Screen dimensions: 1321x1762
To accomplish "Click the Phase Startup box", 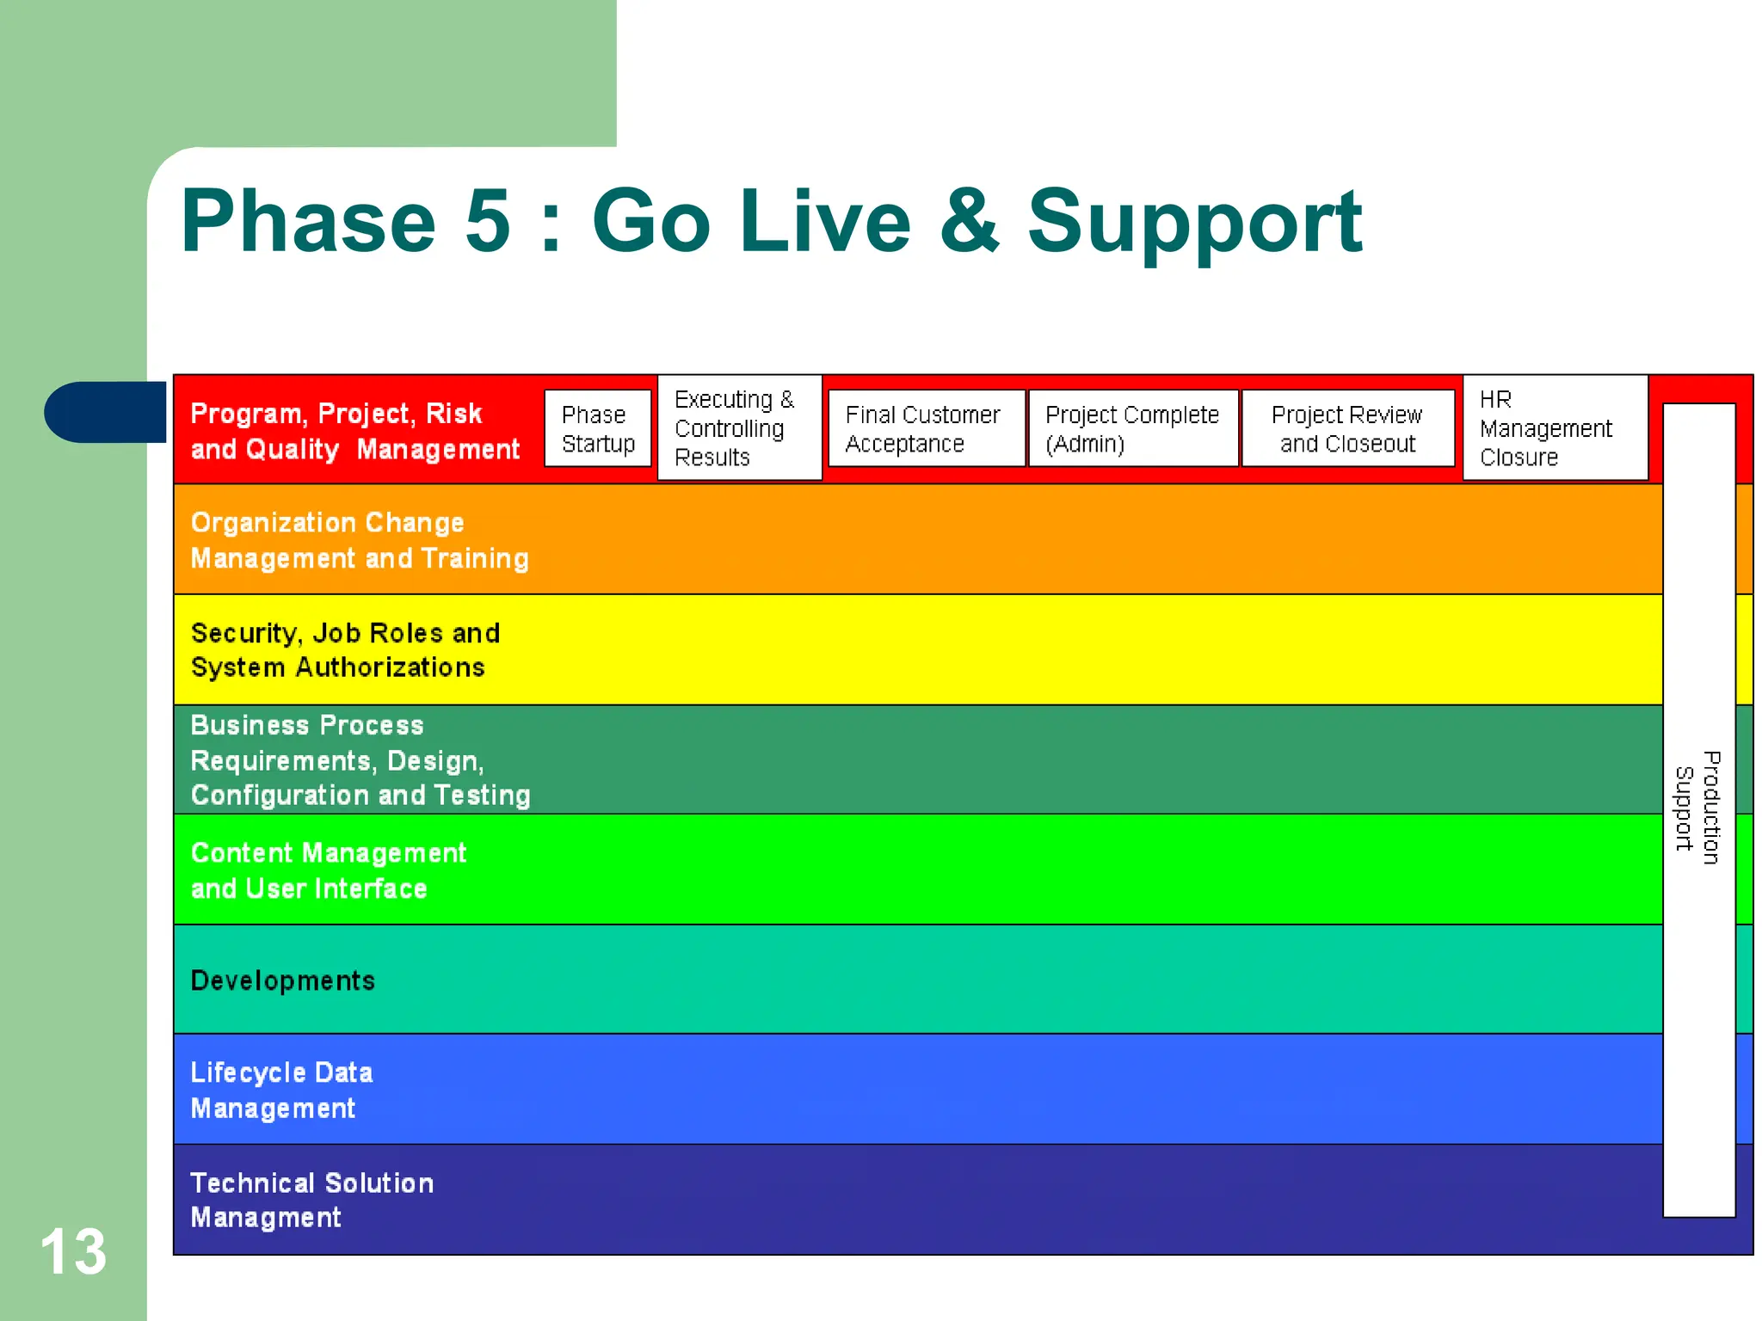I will pos(598,428).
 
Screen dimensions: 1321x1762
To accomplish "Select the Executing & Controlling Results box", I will pos(739,428).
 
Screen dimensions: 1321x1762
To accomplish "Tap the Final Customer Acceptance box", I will pos(926,428).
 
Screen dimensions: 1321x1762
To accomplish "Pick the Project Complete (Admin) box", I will pos(1133,428).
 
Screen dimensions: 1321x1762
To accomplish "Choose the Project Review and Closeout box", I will pos(1347,428).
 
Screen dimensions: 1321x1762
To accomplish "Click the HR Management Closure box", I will pos(1555,428).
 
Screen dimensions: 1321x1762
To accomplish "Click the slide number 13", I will pos(73,1251).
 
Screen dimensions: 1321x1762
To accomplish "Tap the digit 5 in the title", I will pos(488,222).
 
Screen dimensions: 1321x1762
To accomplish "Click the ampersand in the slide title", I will pos(970,222).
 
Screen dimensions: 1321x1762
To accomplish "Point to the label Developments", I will pos(283,980).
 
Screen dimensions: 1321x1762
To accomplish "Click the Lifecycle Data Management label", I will pos(281,1090).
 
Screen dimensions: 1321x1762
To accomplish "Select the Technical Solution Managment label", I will pos(311,1200).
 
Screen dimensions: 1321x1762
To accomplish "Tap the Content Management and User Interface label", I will pos(328,870).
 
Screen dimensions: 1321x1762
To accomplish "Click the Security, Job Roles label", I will pos(345,650).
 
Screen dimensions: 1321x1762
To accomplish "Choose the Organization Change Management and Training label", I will pos(359,540).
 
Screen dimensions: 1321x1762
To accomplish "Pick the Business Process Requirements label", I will pos(360,760).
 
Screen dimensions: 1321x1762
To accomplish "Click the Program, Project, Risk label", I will pos(354,431).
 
